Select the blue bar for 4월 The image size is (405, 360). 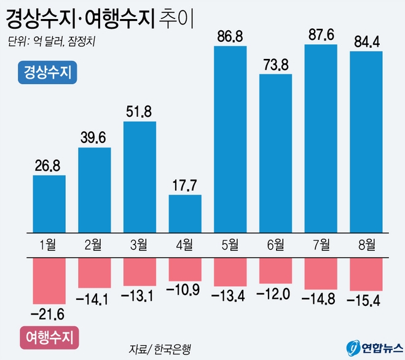point(184,213)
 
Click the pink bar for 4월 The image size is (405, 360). point(184,268)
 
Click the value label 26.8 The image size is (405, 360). point(49,166)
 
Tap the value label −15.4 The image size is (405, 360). point(366,302)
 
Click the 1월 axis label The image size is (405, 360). point(49,245)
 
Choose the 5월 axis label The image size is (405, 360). point(230,245)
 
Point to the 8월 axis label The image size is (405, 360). point(366,245)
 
